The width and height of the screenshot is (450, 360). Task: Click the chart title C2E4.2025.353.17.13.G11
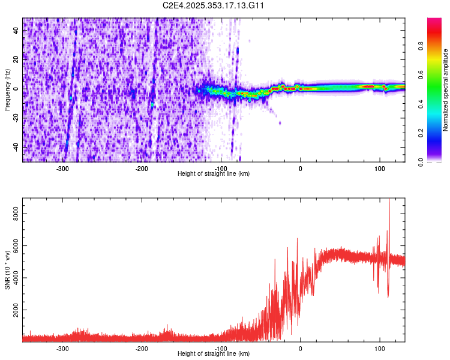click(x=214, y=5)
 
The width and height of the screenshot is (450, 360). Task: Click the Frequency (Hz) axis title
click(x=7, y=90)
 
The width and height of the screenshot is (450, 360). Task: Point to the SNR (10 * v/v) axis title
click(x=7, y=270)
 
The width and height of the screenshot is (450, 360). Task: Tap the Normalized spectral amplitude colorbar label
click(x=446, y=90)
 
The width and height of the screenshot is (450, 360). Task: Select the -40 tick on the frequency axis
click(x=16, y=147)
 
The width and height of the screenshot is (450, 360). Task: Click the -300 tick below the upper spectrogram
click(x=62, y=169)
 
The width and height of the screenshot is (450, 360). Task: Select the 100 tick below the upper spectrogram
click(x=379, y=169)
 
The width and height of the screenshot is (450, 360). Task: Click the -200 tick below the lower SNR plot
click(x=142, y=349)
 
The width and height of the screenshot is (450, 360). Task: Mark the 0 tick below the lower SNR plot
click(x=301, y=349)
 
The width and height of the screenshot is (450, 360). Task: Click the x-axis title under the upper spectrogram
click(x=214, y=174)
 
